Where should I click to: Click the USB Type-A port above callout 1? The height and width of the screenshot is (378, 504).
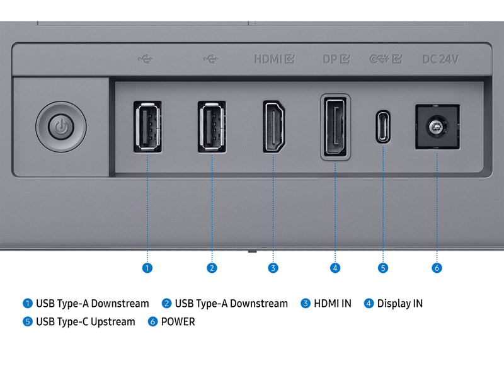pyautogui.click(x=147, y=127)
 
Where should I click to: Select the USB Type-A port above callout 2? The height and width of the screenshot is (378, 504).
pyautogui.click(x=212, y=127)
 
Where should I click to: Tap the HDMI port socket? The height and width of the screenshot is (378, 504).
pyautogui.click(x=274, y=127)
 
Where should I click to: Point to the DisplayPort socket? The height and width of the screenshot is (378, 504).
pyautogui.click(x=335, y=127)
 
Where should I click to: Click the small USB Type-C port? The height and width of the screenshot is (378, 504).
pyautogui.click(x=383, y=127)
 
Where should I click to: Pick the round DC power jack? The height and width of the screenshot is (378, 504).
pyautogui.click(x=437, y=127)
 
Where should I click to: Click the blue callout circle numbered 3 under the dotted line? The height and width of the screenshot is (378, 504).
pyautogui.click(x=273, y=268)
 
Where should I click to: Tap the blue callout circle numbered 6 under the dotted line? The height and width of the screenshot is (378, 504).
pyautogui.click(x=437, y=268)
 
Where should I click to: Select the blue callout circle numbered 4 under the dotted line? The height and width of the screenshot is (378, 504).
pyautogui.click(x=335, y=268)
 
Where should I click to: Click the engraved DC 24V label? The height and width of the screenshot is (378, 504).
pyautogui.click(x=440, y=59)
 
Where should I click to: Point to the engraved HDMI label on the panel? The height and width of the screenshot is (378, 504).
pyautogui.click(x=268, y=59)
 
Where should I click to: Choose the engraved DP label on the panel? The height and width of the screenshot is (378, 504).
pyautogui.click(x=329, y=59)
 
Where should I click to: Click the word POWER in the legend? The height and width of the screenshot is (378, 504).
pyautogui.click(x=178, y=321)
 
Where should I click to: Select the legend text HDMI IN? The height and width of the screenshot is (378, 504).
pyautogui.click(x=333, y=304)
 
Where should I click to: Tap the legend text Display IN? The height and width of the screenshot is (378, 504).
pyautogui.click(x=400, y=304)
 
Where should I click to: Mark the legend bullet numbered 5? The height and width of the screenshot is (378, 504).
pyautogui.click(x=28, y=321)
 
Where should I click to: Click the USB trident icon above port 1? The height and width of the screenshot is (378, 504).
pyautogui.click(x=146, y=59)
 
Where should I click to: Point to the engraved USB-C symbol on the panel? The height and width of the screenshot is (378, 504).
pyautogui.click(x=379, y=59)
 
